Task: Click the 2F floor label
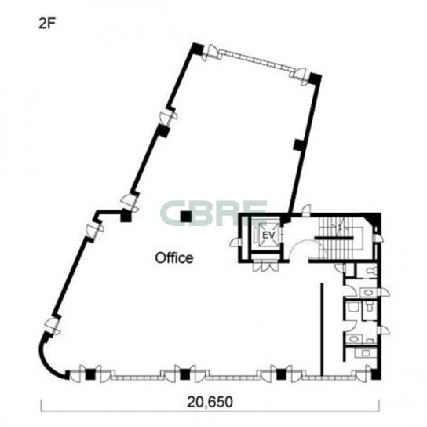click(47, 24)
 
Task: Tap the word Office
click(174, 257)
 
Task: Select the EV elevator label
click(268, 235)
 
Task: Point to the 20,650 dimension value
click(210, 402)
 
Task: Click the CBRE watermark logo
click(213, 213)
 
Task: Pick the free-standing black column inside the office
click(186, 217)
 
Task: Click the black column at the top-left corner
click(198, 48)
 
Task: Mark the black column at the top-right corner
click(315, 78)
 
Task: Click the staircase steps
click(338, 238)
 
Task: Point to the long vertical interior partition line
click(322, 330)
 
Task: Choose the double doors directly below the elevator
click(265, 265)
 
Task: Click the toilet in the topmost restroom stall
click(371, 271)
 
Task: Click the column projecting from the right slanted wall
click(299, 144)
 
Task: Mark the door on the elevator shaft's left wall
click(234, 242)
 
